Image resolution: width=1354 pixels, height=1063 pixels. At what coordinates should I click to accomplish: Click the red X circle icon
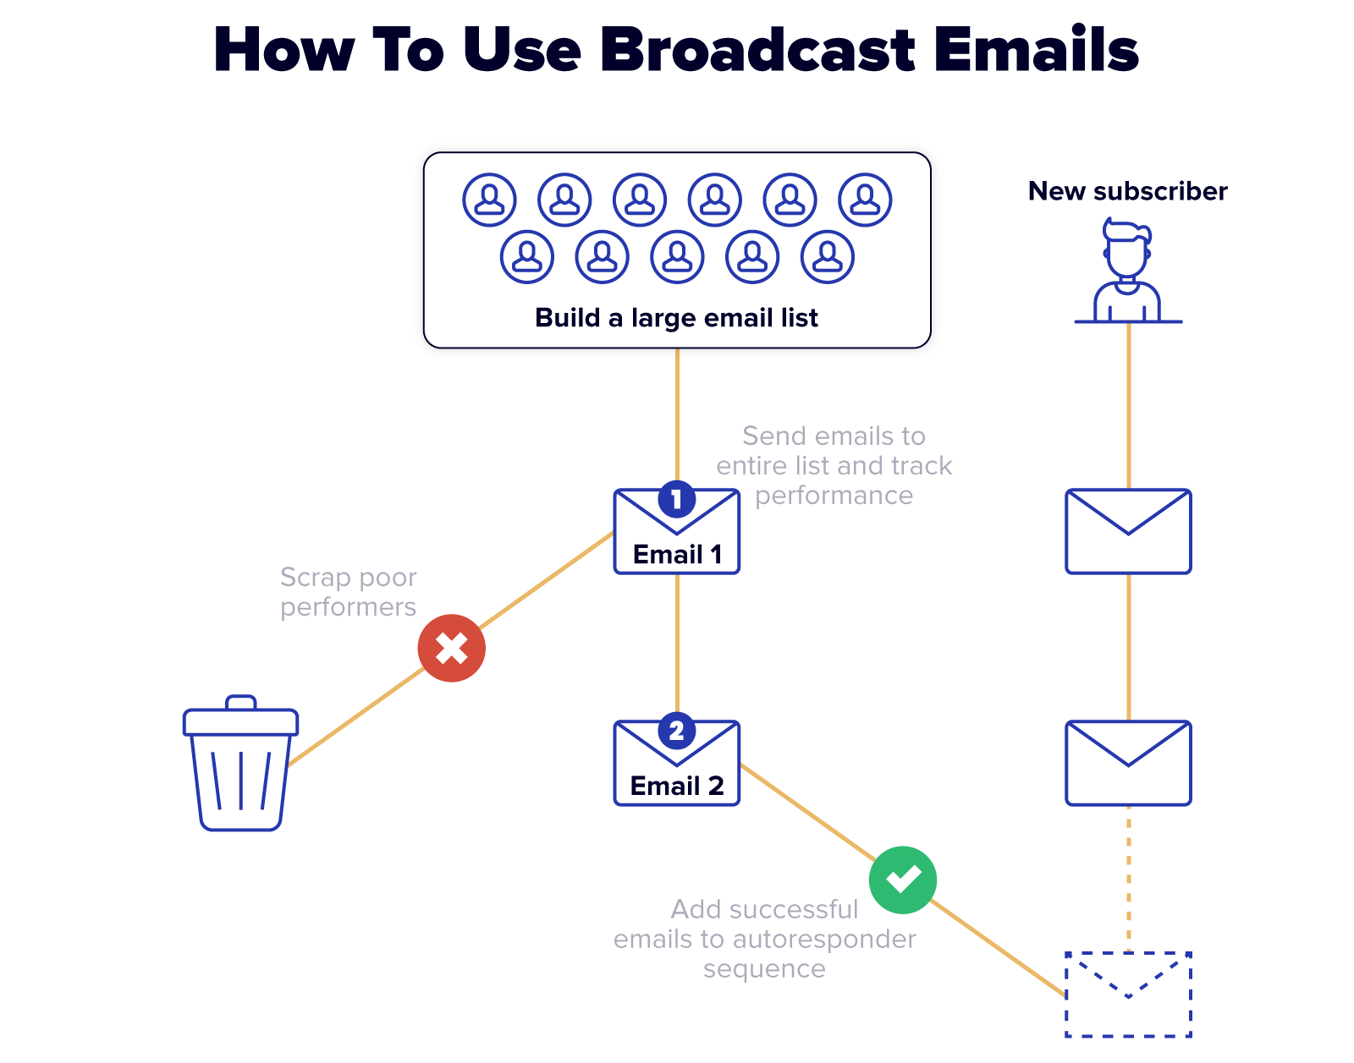pos(451,649)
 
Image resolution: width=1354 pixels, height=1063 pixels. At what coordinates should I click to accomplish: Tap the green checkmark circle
pos(903,880)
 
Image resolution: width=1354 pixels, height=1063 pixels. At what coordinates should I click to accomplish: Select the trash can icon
pos(241,765)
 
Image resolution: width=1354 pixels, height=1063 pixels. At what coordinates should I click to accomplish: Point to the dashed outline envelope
pos(1128,995)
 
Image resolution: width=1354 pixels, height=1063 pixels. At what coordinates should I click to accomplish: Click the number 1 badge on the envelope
pos(677,499)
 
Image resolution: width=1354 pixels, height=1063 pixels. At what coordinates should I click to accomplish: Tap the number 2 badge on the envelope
pos(677,731)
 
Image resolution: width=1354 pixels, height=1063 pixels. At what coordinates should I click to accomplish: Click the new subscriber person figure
pos(1127,271)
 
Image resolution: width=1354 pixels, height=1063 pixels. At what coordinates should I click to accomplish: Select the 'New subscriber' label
pos(1127,191)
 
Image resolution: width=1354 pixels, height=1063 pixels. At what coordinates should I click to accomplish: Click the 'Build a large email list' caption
pos(676,318)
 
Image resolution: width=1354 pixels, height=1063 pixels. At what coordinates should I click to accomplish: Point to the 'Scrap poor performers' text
pos(348,592)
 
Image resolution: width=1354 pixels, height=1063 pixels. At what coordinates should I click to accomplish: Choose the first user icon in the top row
pos(489,200)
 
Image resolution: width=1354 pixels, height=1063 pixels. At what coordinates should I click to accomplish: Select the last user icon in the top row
pos(865,200)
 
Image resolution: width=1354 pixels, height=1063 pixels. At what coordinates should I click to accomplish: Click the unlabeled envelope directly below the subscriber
pos(1128,531)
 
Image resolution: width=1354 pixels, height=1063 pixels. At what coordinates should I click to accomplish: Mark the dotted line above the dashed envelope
pos(1128,879)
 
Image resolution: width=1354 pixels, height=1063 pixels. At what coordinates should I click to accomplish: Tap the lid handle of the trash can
pos(241,702)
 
